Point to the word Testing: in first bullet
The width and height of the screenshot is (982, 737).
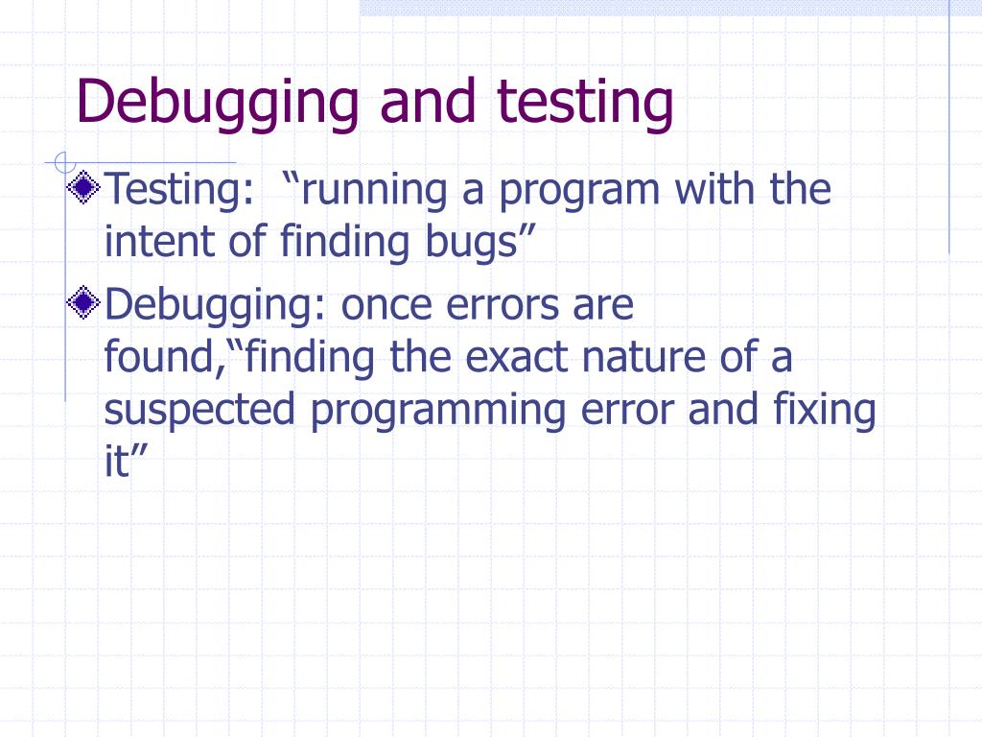(172, 191)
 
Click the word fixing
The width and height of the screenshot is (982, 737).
(824, 411)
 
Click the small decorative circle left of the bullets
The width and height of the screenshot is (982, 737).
(62, 161)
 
